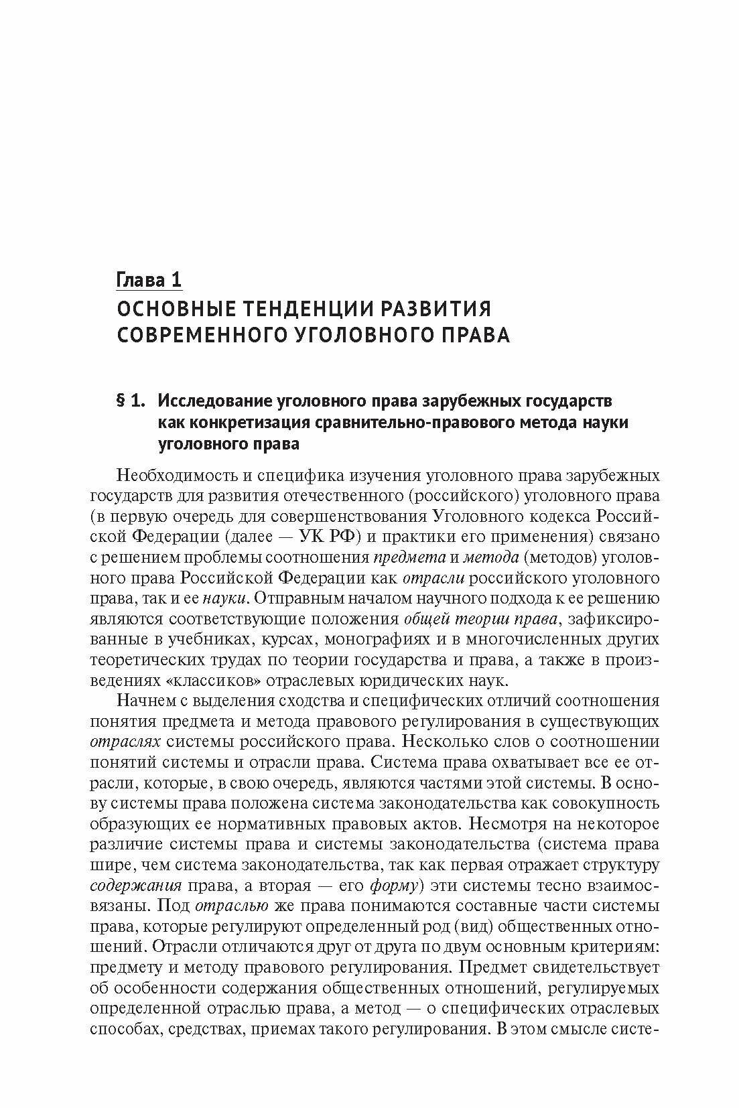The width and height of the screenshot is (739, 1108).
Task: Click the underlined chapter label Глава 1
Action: (149, 279)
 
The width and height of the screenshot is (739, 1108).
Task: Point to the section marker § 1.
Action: (131, 401)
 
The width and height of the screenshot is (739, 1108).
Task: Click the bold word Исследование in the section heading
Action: (214, 401)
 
